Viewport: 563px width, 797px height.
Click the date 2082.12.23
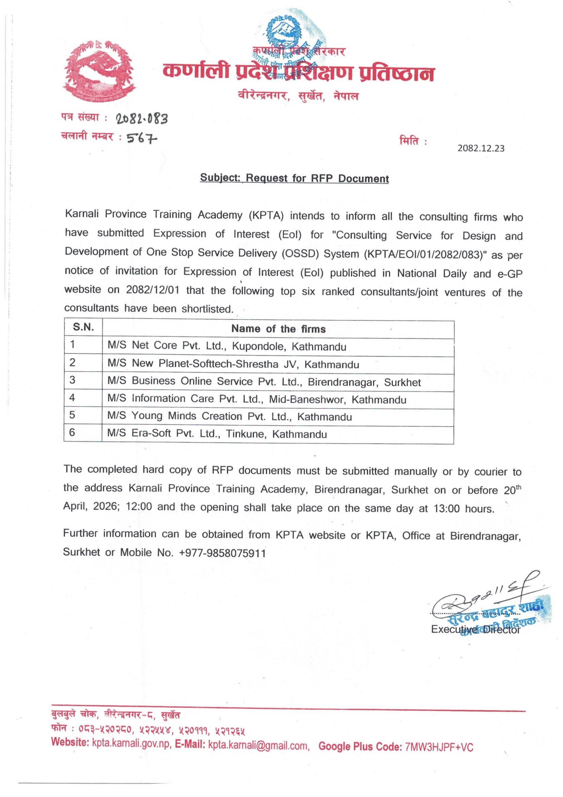click(x=481, y=149)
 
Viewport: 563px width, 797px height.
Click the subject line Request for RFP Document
click(x=295, y=178)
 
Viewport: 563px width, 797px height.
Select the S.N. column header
click(x=83, y=327)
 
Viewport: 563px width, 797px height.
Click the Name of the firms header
click(x=278, y=329)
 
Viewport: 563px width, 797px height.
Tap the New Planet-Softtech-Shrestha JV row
click(x=233, y=364)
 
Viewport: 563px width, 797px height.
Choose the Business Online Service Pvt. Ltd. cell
click(x=264, y=382)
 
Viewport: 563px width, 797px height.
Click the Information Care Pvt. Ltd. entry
click(x=257, y=399)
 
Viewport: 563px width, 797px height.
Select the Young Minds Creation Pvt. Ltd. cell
click(x=230, y=417)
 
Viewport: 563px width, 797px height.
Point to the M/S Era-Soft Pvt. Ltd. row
click(x=217, y=434)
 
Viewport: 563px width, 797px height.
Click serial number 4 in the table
click(x=72, y=397)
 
